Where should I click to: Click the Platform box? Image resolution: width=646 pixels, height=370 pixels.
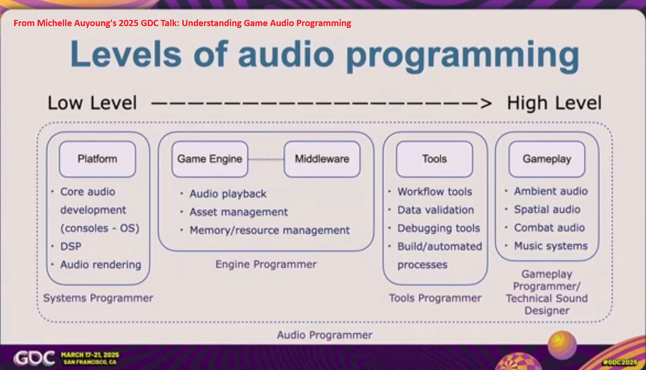(x=97, y=159)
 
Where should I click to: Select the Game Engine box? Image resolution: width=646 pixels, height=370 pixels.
(x=209, y=159)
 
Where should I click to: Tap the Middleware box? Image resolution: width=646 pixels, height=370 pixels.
(x=322, y=159)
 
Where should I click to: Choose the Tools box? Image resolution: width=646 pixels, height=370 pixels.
(x=434, y=159)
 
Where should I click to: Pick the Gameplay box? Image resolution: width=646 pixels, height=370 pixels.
(x=547, y=159)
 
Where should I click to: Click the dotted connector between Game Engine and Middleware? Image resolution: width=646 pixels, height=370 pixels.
(x=266, y=159)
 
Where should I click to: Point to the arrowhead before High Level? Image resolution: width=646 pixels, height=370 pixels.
(x=486, y=103)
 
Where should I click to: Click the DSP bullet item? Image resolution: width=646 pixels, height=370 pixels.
(x=71, y=246)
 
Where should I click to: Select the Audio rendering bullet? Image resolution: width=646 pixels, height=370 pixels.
(x=101, y=264)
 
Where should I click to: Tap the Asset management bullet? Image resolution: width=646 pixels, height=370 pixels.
(x=238, y=212)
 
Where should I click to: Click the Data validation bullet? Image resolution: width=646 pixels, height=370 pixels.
(x=435, y=210)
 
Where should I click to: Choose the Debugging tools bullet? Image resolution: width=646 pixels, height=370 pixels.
(x=438, y=228)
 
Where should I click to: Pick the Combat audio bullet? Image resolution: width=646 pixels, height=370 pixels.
(x=549, y=228)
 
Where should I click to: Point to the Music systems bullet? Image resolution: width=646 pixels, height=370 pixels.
(x=550, y=246)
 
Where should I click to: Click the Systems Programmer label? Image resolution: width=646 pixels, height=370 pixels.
(x=98, y=298)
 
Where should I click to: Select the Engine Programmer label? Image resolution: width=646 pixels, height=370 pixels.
(x=266, y=264)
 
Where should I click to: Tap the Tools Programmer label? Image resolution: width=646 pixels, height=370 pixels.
(x=435, y=298)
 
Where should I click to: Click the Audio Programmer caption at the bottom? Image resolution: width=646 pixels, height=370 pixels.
(x=324, y=335)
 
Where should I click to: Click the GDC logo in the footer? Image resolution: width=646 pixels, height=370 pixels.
(x=34, y=358)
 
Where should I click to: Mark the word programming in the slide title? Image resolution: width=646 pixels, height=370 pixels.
(x=462, y=55)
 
